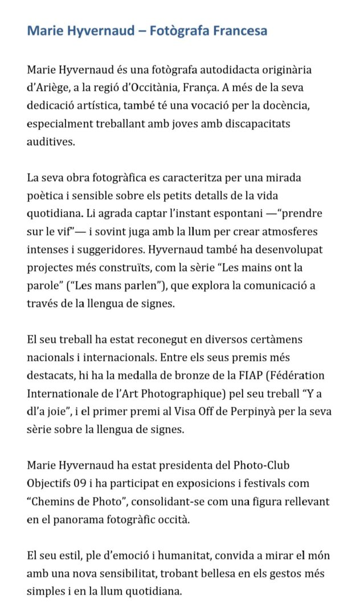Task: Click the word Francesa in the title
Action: coord(239,30)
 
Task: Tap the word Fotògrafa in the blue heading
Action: coord(179,30)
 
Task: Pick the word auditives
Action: coord(51,142)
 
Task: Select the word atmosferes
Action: coord(300,233)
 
